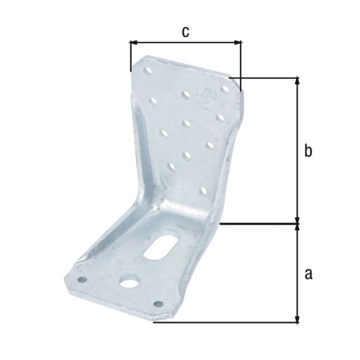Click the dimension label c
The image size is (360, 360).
[x=185, y=32]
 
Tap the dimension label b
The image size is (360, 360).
[x=308, y=150]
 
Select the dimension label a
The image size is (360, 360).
[x=308, y=273]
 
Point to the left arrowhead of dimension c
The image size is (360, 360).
[x=133, y=42]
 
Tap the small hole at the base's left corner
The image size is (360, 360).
[x=82, y=279]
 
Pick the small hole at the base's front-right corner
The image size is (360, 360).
[x=157, y=304]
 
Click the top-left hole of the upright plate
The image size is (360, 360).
[x=146, y=70]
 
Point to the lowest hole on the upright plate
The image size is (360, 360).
[x=203, y=191]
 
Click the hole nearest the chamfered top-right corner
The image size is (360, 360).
[x=221, y=118]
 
